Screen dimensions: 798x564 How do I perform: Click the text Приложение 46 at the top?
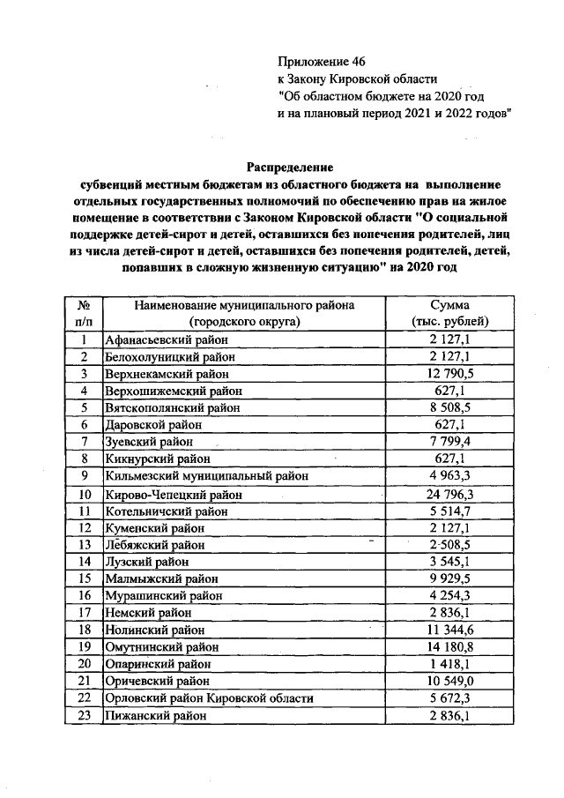click(x=320, y=61)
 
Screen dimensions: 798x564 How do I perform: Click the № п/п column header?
click(x=85, y=312)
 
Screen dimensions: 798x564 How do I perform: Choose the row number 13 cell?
click(x=85, y=545)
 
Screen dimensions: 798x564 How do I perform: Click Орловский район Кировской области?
click(x=209, y=698)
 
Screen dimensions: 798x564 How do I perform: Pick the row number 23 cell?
click(x=85, y=716)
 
